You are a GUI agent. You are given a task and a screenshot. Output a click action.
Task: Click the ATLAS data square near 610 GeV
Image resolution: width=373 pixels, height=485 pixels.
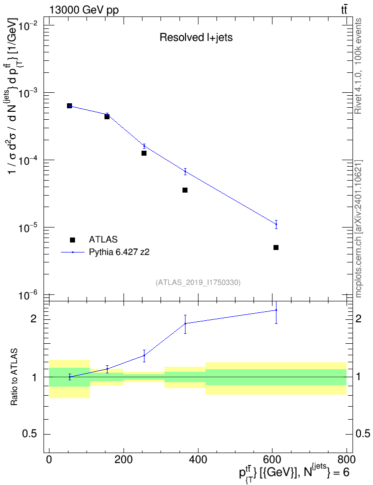pyautogui.click(x=276, y=247)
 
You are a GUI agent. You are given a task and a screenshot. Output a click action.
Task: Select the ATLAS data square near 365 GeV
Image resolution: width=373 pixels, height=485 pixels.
pyautogui.click(x=185, y=190)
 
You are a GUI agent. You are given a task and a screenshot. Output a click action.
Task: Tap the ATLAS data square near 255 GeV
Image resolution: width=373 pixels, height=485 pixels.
pyautogui.click(x=144, y=153)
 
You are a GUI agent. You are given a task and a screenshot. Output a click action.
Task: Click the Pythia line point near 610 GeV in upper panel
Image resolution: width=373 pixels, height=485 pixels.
pyautogui.click(x=276, y=224)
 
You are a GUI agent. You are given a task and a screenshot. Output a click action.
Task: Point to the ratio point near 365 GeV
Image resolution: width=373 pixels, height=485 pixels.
pyautogui.click(x=185, y=323)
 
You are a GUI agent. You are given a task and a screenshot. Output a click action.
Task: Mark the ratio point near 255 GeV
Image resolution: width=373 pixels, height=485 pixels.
pyautogui.click(x=144, y=355)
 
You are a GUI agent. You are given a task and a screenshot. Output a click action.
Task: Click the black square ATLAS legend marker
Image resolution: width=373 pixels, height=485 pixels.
pyautogui.click(x=72, y=240)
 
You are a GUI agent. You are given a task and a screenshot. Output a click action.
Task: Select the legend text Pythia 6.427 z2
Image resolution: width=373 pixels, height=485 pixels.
pyautogui.click(x=119, y=252)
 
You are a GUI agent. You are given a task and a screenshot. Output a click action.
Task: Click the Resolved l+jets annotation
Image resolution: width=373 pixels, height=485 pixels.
pyautogui.click(x=196, y=37)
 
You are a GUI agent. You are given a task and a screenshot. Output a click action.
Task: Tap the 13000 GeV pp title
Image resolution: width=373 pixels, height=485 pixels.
pyautogui.click(x=83, y=10)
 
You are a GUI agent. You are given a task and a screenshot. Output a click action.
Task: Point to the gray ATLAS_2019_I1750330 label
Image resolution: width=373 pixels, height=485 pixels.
pyautogui.click(x=198, y=282)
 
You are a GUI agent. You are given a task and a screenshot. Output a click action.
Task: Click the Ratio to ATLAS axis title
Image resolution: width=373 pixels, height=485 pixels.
pyautogui.click(x=14, y=377)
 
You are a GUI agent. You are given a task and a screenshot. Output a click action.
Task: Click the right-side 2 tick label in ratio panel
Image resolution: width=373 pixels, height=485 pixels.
pyautogui.click(x=358, y=319)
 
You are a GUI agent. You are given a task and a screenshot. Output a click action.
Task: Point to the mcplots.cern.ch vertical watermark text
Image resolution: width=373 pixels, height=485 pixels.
pyautogui.click(x=358, y=229)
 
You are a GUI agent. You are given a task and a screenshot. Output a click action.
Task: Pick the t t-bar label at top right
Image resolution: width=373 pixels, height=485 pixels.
pyautogui.click(x=344, y=9)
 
